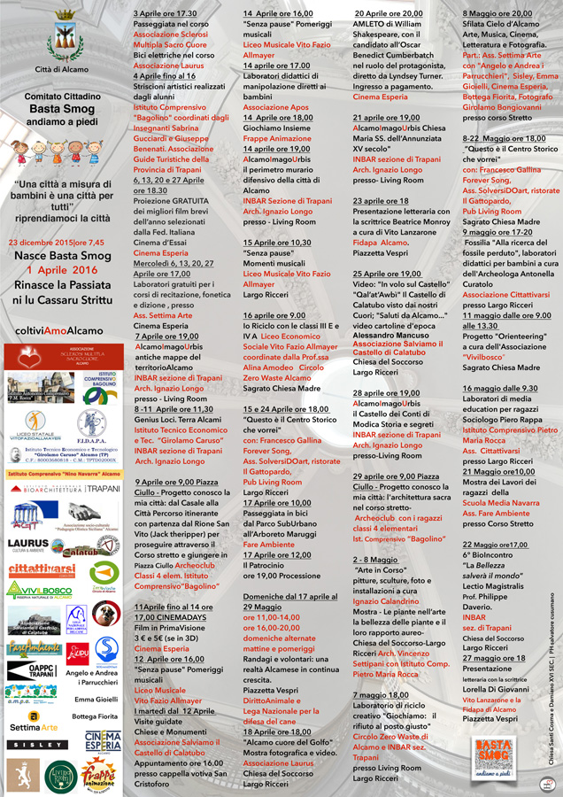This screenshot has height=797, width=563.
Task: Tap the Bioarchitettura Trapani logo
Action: tap(64, 489)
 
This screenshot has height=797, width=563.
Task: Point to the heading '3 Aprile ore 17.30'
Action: tap(166, 14)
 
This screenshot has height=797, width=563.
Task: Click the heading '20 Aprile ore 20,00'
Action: tap(388, 14)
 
